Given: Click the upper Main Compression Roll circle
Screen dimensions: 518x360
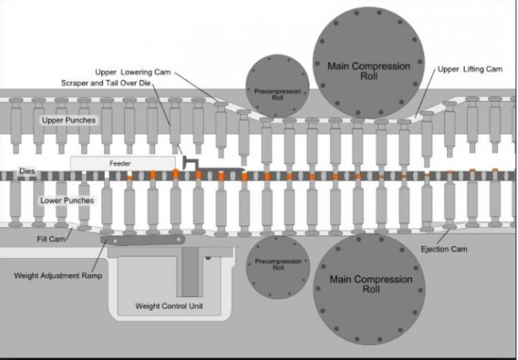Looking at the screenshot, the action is (x=368, y=63).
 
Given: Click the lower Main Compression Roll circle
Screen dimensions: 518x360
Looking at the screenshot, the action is (x=369, y=289).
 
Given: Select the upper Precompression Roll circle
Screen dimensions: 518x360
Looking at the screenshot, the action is (x=278, y=86).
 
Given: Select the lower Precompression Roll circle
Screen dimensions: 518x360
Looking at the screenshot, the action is (x=278, y=267).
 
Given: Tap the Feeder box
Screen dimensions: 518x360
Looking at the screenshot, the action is (x=123, y=163).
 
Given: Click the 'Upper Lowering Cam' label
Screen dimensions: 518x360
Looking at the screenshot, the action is (x=133, y=72).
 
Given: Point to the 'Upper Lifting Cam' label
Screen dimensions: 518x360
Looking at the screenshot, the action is (x=469, y=69).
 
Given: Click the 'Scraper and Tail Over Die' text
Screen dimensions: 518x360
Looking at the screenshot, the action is (x=106, y=83).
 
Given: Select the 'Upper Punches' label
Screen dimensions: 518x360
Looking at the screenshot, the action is (x=68, y=120).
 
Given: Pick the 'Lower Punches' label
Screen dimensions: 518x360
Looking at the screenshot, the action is (x=67, y=201).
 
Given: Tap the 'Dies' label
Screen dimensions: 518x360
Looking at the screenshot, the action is (x=27, y=171).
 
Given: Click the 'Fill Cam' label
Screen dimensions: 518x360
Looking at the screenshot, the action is (x=51, y=239).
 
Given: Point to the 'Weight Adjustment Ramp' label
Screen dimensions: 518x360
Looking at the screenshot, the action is (x=58, y=276).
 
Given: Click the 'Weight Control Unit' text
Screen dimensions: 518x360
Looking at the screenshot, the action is (x=169, y=306).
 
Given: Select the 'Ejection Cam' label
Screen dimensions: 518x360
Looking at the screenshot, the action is (x=444, y=249).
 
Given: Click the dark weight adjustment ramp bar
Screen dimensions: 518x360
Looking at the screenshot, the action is (x=142, y=240).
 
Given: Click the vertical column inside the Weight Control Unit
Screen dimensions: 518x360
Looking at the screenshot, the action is (x=190, y=272).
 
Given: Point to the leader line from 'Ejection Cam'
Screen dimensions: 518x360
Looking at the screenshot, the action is (x=443, y=237).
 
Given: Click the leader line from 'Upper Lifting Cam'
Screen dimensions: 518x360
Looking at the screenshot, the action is (x=425, y=92).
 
